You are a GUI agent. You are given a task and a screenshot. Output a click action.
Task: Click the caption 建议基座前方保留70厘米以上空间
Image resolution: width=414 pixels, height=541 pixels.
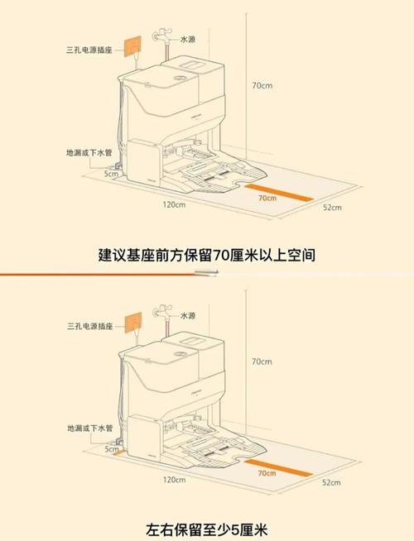(207, 255)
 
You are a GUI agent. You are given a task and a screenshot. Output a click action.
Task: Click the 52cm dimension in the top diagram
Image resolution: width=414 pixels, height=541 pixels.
(332, 208)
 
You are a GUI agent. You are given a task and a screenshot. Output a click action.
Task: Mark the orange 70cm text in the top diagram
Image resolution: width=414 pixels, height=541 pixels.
(267, 199)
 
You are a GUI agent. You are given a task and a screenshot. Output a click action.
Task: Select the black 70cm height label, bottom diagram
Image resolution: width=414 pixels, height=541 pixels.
(262, 361)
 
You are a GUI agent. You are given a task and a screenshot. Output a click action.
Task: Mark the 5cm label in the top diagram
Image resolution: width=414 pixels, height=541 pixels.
(110, 175)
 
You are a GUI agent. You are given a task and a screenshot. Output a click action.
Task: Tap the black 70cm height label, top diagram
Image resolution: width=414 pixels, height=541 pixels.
(262, 85)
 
